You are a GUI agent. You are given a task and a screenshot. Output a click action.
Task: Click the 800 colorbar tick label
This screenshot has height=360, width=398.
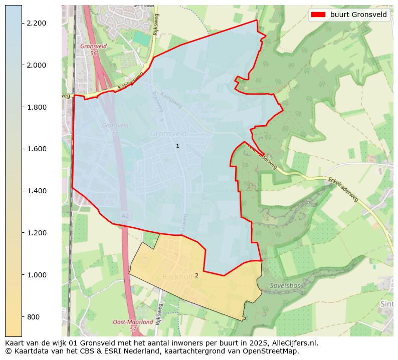(x=33, y=317)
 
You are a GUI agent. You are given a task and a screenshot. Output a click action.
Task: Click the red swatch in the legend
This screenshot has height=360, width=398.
(x=318, y=15)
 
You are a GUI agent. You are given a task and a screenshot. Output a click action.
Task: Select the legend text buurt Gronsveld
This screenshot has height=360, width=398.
(x=358, y=15)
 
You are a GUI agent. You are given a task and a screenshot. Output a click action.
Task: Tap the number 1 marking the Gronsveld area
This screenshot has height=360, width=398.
(x=177, y=146)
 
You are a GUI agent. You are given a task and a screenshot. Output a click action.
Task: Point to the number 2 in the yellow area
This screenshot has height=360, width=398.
(x=196, y=275)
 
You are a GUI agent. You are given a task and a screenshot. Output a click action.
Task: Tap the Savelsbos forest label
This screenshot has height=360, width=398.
(x=285, y=286)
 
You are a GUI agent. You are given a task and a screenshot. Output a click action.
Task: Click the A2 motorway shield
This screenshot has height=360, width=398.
(x=125, y=215)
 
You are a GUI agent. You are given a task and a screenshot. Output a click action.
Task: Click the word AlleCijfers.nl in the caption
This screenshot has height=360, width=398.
(x=293, y=343)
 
